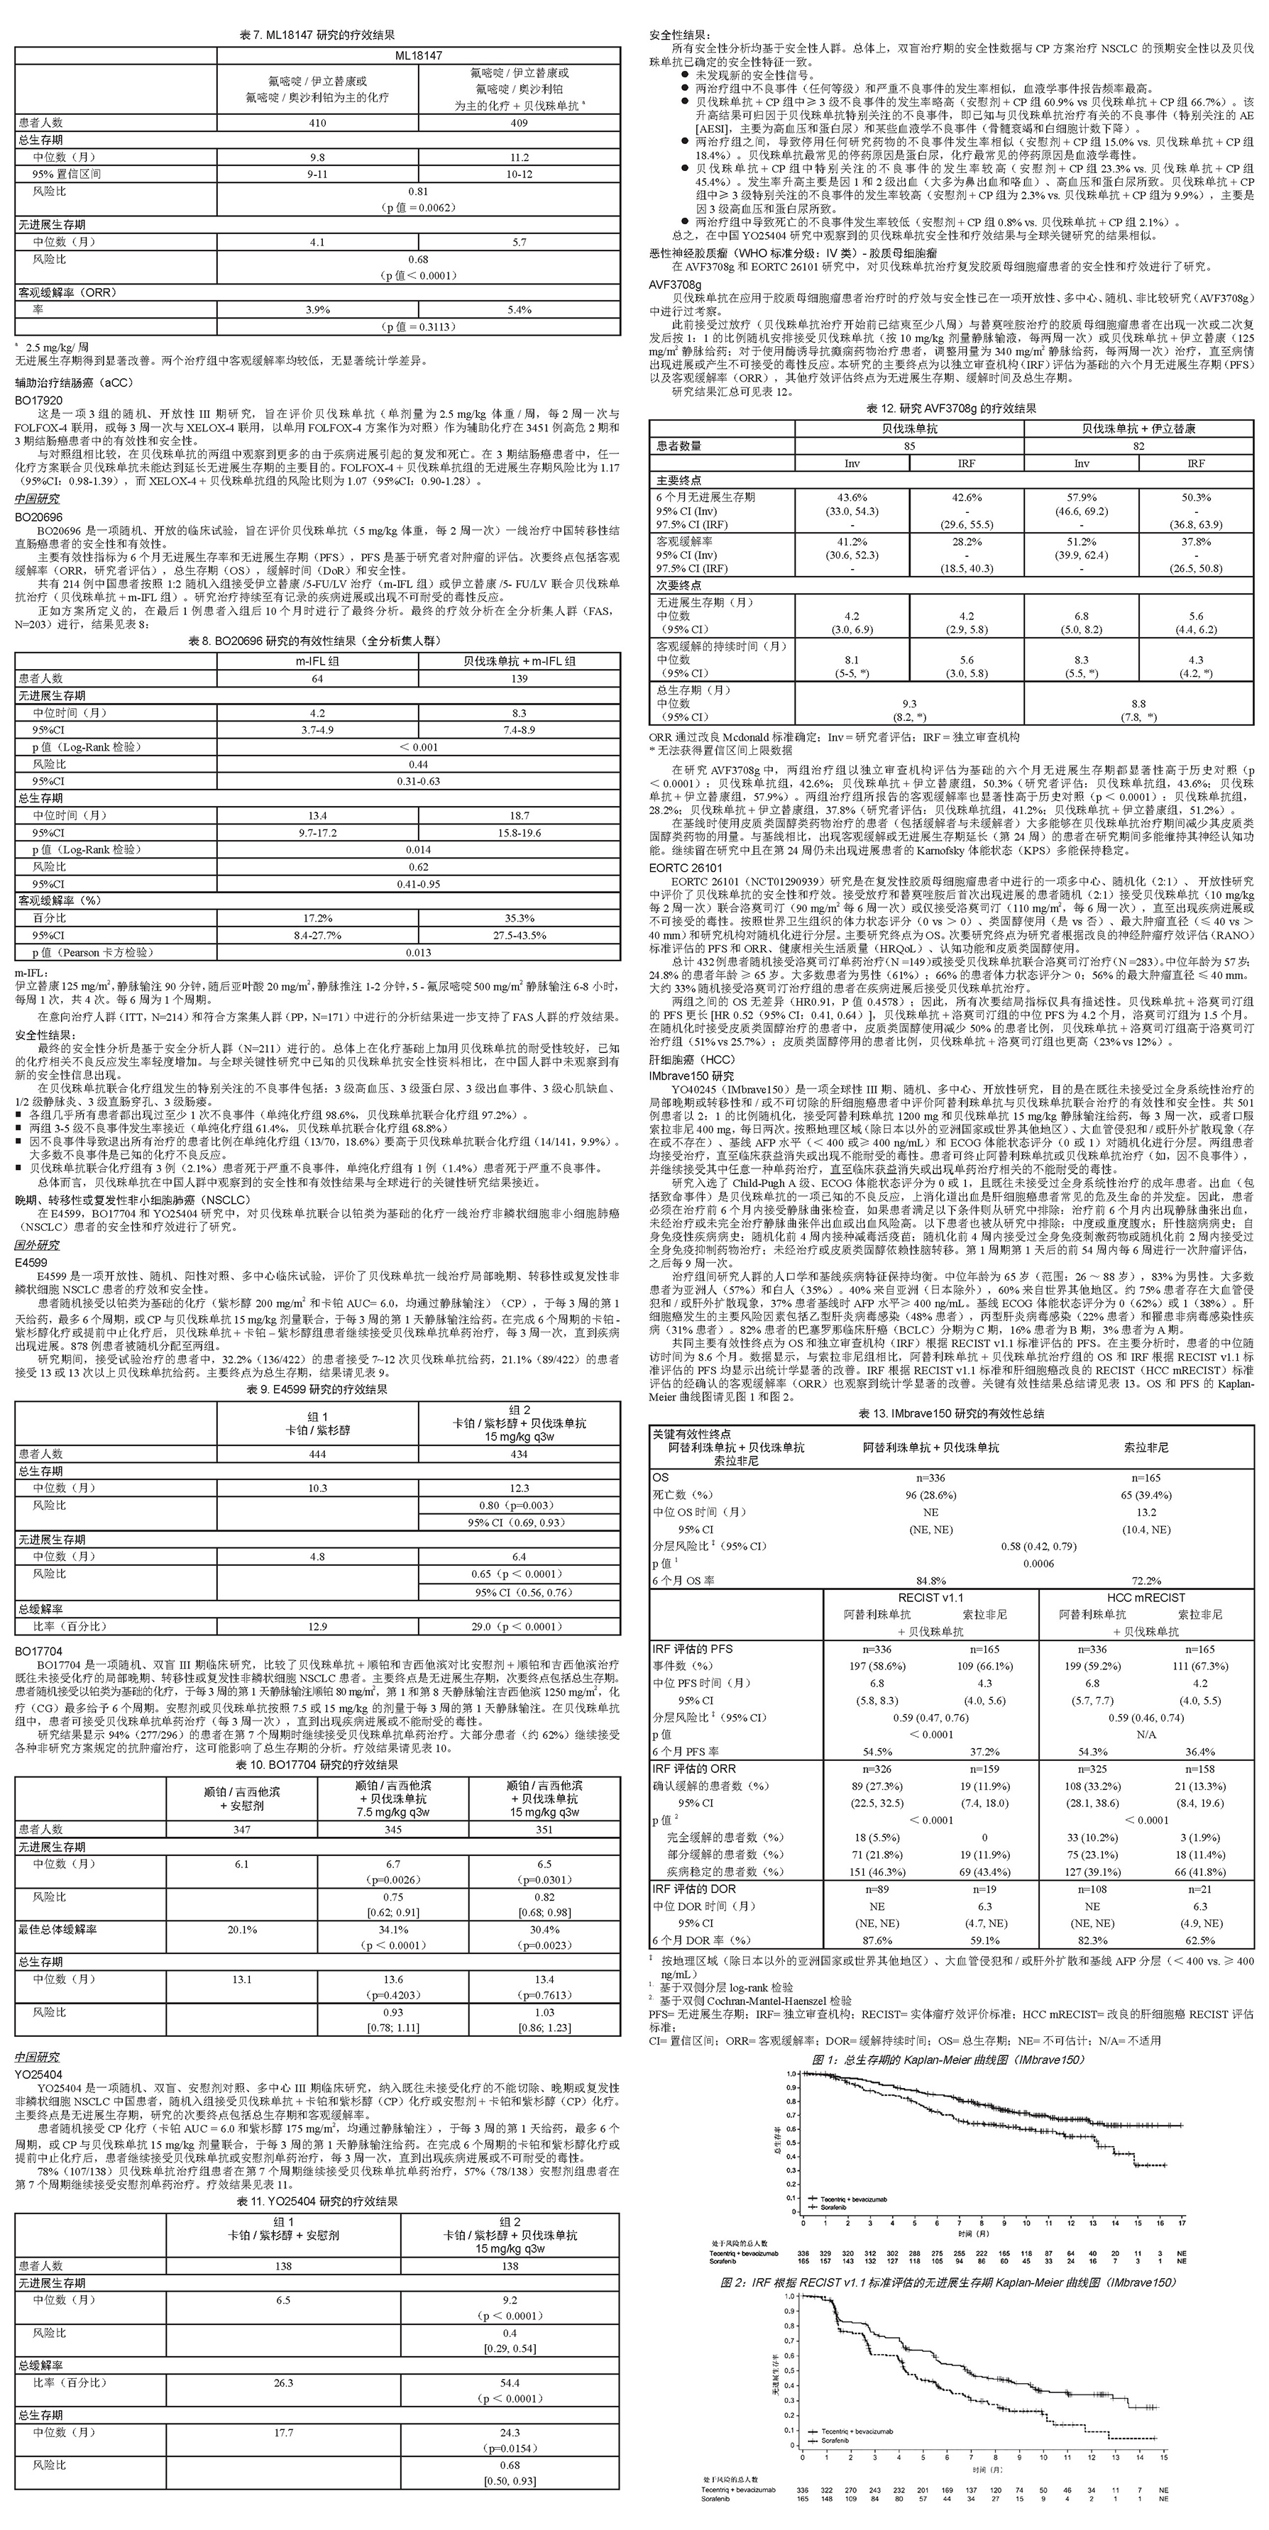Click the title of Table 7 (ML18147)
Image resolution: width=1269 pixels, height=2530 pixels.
point(317,35)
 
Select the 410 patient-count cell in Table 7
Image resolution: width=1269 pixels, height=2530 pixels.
point(317,123)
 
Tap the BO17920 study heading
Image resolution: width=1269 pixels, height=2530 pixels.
point(38,401)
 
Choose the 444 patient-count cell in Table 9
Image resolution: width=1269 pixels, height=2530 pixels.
point(317,1454)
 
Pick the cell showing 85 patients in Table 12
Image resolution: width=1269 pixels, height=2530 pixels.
point(908,446)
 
